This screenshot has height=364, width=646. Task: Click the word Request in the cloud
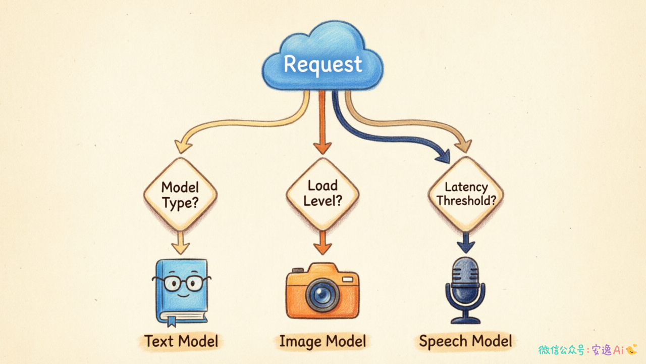322,64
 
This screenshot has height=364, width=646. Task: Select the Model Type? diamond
180,195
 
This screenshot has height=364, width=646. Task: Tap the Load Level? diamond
322,194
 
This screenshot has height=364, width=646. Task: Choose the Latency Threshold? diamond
466,194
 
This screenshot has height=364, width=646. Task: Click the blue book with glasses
182,292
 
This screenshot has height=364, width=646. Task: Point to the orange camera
322,290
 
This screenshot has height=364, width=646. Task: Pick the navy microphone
465,290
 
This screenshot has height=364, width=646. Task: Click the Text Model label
181,341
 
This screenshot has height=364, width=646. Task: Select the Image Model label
322,341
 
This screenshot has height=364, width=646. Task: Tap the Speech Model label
465,341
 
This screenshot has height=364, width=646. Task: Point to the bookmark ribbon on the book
172,321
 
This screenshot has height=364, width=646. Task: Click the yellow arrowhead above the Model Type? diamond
183,146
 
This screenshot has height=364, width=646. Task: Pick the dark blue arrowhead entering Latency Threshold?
443,157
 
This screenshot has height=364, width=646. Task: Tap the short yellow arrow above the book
181,243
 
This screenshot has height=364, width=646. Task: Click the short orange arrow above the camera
322,243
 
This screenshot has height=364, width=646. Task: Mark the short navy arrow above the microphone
465,242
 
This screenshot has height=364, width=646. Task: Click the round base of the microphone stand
465,321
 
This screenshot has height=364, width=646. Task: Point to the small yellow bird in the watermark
631,349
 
